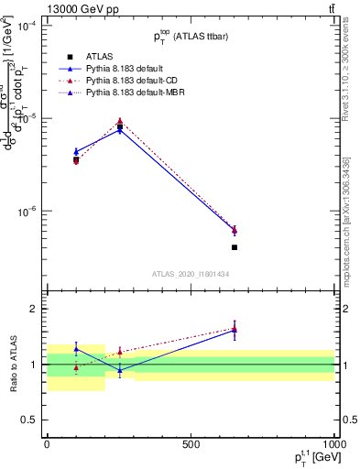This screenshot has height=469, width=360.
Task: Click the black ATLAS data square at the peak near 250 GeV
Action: pyautogui.click(x=120, y=127)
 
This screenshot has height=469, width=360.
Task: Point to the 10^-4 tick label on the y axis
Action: pyautogui.click(x=29, y=27)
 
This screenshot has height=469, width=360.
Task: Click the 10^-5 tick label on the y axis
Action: pyautogui.click(x=29, y=119)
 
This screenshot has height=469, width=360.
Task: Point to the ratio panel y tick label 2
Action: pyautogui.click(x=35, y=309)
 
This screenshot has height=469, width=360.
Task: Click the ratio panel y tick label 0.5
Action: pyautogui.click(x=31, y=420)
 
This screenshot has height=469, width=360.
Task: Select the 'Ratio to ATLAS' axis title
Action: pyautogui.click(x=13, y=364)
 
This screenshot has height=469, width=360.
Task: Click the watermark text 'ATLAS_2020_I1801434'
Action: pyautogui.click(x=191, y=275)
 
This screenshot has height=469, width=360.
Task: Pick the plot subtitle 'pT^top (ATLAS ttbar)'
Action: pyautogui.click(x=191, y=37)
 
